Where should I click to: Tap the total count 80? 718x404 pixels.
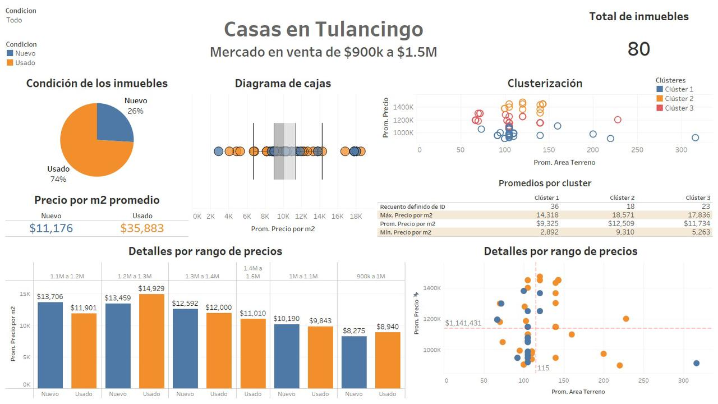[638, 49]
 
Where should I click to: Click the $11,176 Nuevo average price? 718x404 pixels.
[51, 228]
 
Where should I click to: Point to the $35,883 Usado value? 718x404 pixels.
[142, 228]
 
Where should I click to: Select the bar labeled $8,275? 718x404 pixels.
[354, 362]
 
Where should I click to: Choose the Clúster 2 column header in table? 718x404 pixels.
[622, 198]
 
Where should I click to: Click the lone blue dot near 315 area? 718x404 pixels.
[696, 363]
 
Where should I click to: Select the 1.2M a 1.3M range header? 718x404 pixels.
[135, 276]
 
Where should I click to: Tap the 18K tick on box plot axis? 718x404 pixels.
[356, 216]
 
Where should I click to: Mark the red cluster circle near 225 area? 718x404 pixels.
[618, 120]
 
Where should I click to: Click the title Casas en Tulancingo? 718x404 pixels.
[323, 29]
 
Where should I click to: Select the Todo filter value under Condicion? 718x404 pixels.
[15, 20]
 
